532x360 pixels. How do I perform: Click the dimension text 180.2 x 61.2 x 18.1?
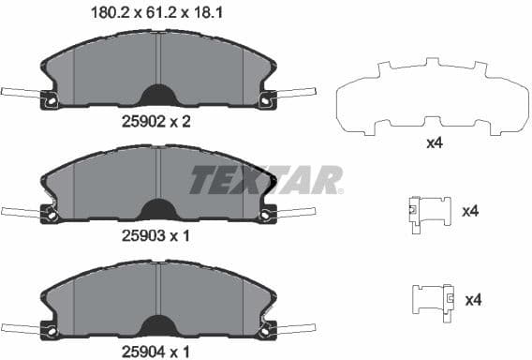click(x=155, y=14)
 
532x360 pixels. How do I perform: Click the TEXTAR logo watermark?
click(x=267, y=179)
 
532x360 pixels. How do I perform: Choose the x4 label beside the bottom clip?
click(x=474, y=300)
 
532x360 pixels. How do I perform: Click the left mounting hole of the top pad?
click(x=52, y=98)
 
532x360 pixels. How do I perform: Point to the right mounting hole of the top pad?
click(x=266, y=98)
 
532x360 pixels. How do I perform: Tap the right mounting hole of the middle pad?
click(x=266, y=214)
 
